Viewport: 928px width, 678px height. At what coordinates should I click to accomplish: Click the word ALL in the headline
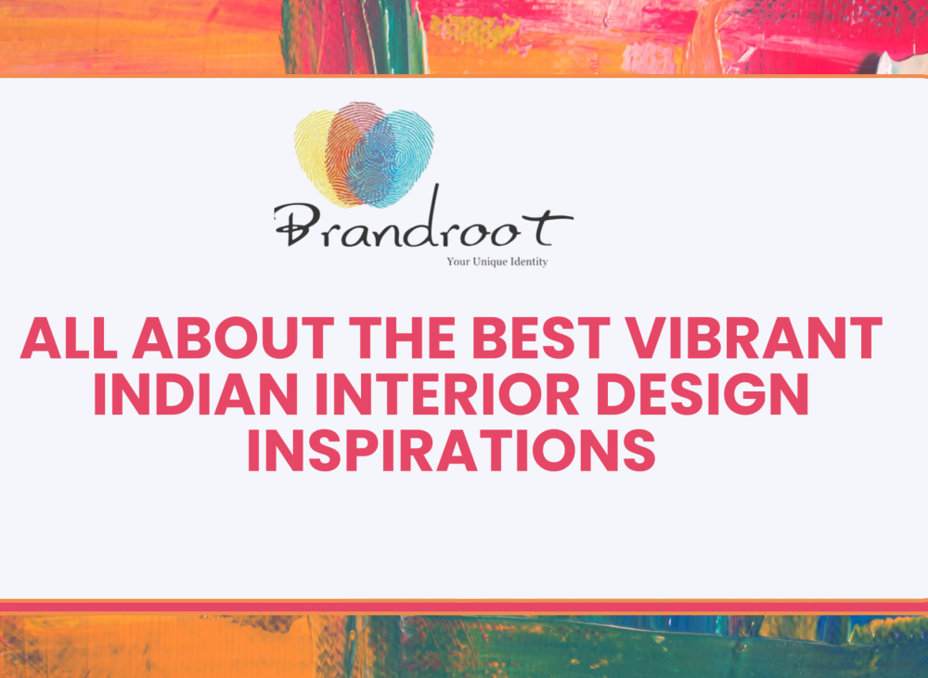70,339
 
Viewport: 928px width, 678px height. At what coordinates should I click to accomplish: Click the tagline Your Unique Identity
496,262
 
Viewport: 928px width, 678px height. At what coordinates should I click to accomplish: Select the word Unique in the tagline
493,262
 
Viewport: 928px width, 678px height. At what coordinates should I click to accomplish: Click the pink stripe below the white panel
464,607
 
